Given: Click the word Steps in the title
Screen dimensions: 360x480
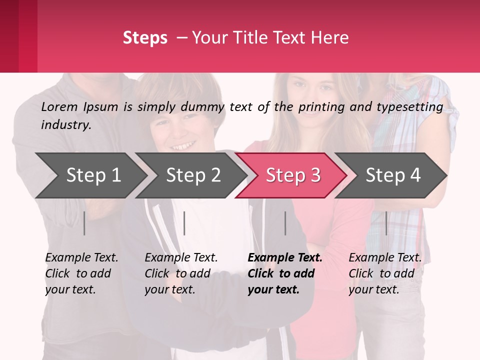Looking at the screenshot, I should click(145, 38).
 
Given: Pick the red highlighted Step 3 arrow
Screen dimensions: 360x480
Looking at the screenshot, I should click(293, 175).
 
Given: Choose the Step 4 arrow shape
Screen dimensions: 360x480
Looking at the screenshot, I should click(393, 175).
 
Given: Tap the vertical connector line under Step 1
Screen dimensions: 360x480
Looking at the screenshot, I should click(84, 223).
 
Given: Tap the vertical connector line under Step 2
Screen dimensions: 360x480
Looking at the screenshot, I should click(184, 223).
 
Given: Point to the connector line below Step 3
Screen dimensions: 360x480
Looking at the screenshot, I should click(285, 223).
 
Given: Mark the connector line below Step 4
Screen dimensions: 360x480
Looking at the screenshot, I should click(386, 223).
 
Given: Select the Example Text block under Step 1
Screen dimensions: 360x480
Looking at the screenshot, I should click(81, 273).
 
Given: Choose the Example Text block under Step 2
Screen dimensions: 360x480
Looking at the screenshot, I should click(181, 273).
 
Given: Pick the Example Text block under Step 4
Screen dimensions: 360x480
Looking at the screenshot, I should click(385, 273).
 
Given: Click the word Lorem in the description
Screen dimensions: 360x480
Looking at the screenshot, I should click(59, 107).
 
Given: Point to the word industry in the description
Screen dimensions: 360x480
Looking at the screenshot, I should click(65, 125).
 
